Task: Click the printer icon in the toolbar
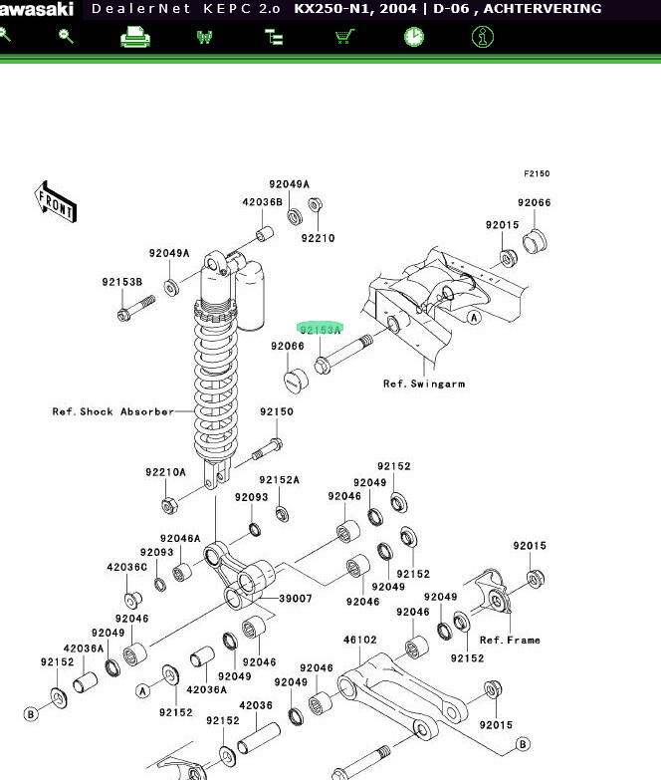click(x=135, y=37)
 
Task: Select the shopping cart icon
click(x=344, y=37)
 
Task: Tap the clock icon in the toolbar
click(x=414, y=37)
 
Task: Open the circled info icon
click(x=483, y=37)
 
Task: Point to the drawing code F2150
click(x=537, y=174)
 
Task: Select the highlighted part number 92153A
click(x=321, y=330)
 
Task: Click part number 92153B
click(x=121, y=283)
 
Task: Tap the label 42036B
click(x=262, y=202)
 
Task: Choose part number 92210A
click(x=165, y=472)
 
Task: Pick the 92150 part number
click(x=277, y=412)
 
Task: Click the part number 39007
click(x=295, y=599)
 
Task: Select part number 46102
click(x=359, y=641)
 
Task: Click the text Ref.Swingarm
click(x=424, y=384)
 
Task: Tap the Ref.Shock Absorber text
click(x=112, y=411)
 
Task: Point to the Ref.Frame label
click(x=510, y=641)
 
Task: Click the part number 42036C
click(x=127, y=567)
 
